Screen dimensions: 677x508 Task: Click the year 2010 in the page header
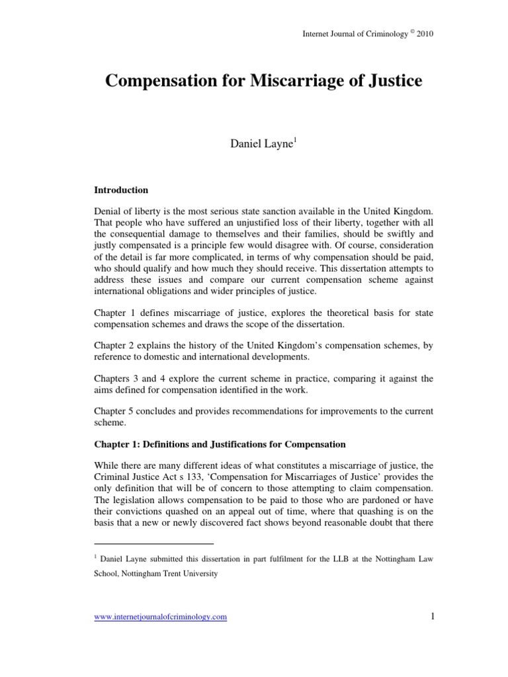point(424,32)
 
